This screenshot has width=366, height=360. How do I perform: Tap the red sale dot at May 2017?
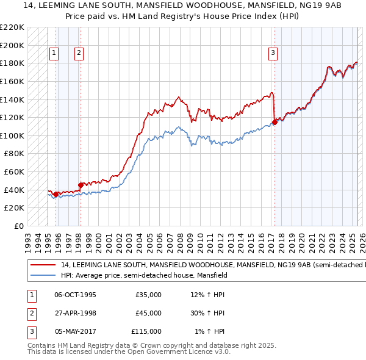click(x=274, y=122)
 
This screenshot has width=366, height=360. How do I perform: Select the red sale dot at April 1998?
click(x=81, y=185)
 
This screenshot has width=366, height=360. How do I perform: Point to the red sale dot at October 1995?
click(x=56, y=194)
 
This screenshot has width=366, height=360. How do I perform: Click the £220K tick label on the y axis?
click(x=12, y=27)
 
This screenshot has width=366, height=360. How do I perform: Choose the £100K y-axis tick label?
click(x=12, y=135)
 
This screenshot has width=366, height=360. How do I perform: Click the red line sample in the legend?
click(x=43, y=265)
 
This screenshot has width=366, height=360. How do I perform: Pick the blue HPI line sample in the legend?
click(x=43, y=276)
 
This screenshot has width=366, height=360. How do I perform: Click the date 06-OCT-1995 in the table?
click(x=75, y=295)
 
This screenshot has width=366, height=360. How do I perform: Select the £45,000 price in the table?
click(x=148, y=313)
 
